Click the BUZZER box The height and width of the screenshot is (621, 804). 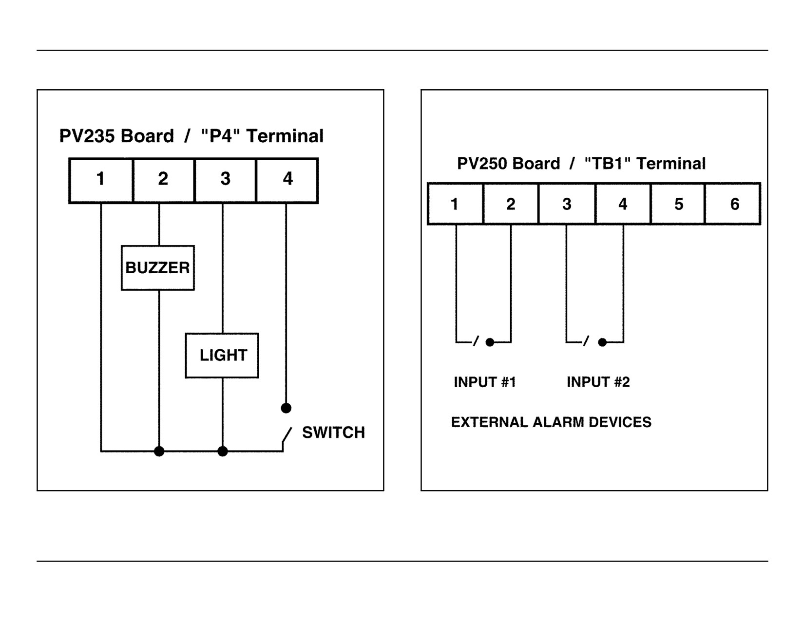click(x=157, y=268)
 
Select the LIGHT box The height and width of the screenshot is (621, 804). click(x=222, y=356)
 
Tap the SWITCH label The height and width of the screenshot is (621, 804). click(x=333, y=433)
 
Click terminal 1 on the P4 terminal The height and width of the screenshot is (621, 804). click(x=101, y=181)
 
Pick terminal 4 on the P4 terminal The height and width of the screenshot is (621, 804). click(x=287, y=181)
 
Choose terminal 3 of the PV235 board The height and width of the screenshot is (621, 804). click(x=225, y=181)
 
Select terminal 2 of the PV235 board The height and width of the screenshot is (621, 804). click(x=164, y=181)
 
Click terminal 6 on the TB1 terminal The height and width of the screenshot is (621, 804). click(x=733, y=204)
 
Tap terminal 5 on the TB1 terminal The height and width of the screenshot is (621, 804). click(x=678, y=204)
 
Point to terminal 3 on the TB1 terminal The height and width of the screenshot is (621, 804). click(x=567, y=204)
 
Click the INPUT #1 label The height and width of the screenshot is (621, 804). click(x=485, y=382)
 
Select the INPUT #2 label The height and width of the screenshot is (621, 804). click(x=598, y=382)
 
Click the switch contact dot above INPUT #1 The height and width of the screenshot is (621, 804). click(x=490, y=342)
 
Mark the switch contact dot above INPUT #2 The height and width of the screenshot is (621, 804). click(x=602, y=342)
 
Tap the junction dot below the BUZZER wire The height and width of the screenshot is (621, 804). click(x=159, y=451)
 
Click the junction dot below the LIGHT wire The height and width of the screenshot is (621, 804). click(x=222, y=451)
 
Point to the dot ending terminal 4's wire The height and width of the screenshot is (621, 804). click(x=286, y=408)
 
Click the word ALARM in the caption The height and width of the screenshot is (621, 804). click(x=558, y=422)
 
